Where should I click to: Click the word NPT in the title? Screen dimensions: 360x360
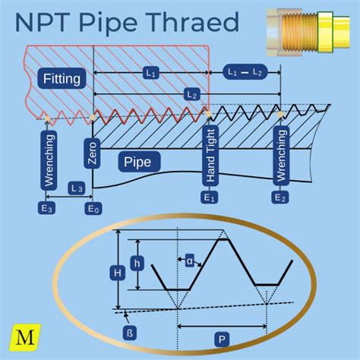point(43,22)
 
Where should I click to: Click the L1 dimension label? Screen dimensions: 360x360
point(150,73)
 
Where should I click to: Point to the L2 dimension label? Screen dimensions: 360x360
point(191,94)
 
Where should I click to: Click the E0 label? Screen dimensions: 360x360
point(93,207)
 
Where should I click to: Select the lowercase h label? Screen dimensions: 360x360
point(137,262)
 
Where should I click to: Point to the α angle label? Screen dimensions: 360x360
point(189,261)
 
